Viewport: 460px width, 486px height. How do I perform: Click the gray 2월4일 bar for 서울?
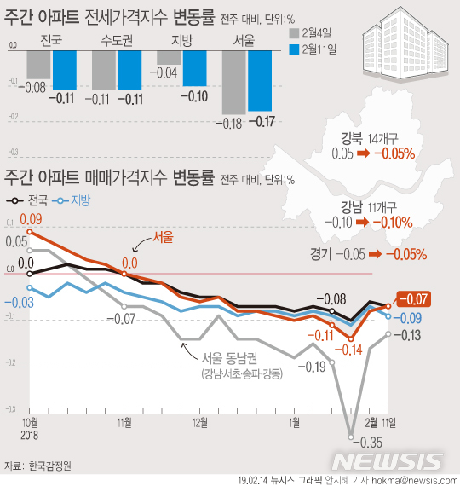point(233,82)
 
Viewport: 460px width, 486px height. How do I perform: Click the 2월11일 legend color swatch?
point(296,50)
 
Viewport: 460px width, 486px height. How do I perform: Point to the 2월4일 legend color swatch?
point(296,34)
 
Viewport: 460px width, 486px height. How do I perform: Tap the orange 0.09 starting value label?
point(42,220)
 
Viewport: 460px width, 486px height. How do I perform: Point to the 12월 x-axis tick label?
point(201,423)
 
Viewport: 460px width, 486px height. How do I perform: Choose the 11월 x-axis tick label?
point(124,423)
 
